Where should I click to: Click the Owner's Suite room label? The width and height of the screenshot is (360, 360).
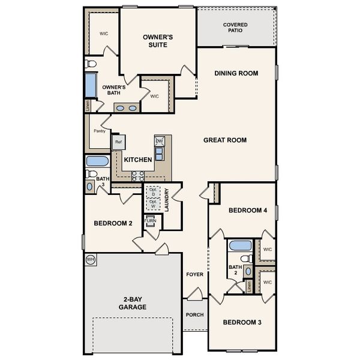158,41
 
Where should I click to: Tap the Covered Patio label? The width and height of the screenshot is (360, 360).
235,28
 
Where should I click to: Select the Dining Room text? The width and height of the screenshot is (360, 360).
236,73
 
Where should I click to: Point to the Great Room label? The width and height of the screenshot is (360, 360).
225,140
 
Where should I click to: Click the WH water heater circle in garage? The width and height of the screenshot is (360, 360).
91,259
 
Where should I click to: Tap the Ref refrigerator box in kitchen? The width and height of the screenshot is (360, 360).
118,142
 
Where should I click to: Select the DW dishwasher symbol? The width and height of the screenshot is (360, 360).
159,141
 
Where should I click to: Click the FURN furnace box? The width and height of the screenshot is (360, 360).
150,221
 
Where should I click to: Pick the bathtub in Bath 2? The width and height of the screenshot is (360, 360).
240,245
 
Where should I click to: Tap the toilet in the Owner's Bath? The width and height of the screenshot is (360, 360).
91,63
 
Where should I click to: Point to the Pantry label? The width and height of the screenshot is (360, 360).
99,131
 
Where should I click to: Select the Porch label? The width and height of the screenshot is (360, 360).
194,314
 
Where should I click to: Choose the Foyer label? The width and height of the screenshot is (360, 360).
194,274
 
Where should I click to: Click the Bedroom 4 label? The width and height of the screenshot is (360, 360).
248,210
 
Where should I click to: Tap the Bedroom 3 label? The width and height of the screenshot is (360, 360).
242,322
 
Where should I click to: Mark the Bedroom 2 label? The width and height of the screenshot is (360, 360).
113,223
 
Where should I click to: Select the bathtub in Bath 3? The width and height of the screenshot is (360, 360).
97,161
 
